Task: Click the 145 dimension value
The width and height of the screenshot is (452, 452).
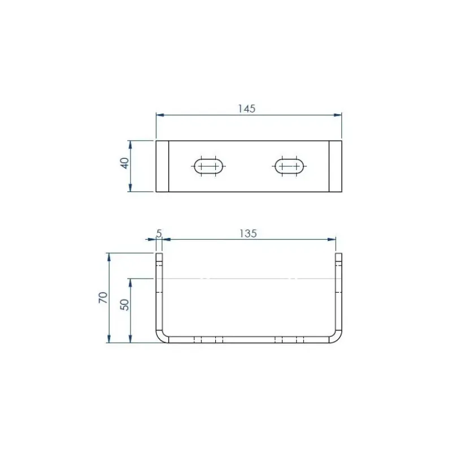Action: click(x=247, y=108)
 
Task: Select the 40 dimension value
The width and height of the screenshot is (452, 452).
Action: click(x=124, y=163)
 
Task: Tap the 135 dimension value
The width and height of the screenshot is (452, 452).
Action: click(x=248, y=233)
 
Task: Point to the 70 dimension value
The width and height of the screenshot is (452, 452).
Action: click(x=103, y=298)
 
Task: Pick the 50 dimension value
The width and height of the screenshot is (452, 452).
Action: click(x=124, y=305)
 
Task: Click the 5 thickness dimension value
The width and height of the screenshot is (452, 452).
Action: click(x=159, y=233)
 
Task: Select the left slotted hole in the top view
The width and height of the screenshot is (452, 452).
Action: click(x=208, y=166)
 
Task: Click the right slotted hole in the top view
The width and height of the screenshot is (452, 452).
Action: click(x=289, y=166)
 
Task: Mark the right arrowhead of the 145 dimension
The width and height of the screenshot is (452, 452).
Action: click(x=337, y=115)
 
